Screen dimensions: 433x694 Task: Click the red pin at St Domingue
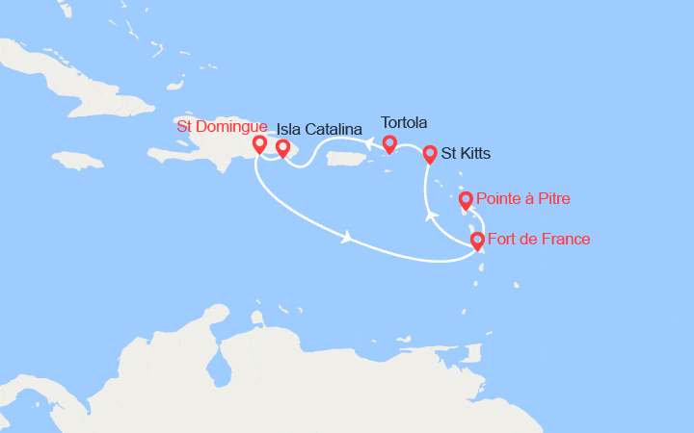tap(258, 144)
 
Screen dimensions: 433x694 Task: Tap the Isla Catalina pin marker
tap(282, 148)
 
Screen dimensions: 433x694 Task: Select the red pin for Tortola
tap(389, 143)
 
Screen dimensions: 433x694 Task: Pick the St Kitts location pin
tap(430, 153)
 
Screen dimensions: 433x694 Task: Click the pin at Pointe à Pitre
tap(466, 200)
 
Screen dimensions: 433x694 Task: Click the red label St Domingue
tap(221, 126)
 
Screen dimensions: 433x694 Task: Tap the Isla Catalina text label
tap(319, 129)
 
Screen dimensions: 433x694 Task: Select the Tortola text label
tap(404, 122)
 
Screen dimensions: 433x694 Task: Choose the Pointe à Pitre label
tap(524, 199)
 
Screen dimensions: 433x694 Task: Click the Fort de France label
tap(539, 239)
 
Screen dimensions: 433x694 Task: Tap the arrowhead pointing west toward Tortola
tap(369, 143)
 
